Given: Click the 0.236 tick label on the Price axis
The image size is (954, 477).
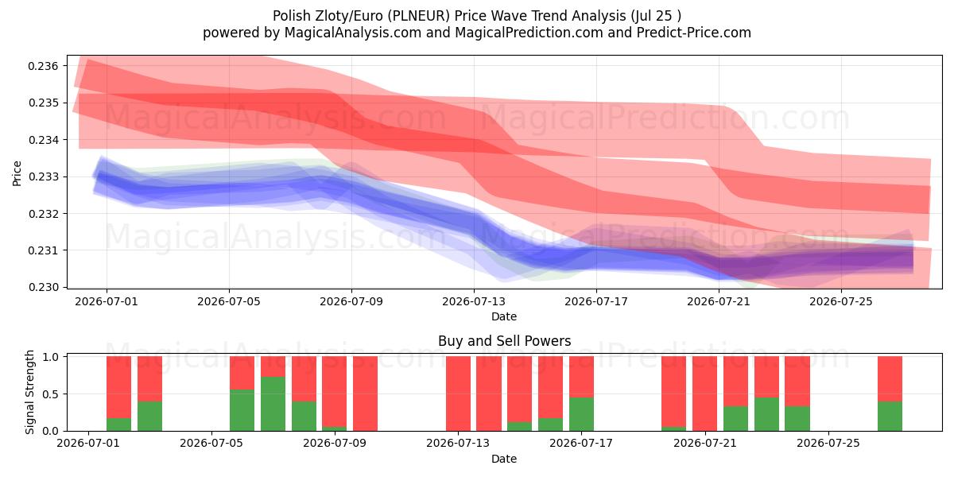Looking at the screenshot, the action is click(x=43, y=66).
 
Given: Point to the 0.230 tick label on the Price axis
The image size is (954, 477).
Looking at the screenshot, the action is click(x=43, y=288).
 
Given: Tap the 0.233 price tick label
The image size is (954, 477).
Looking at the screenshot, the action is click(x=43, y=176).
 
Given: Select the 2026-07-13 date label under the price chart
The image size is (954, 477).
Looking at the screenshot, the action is click(x=474, y=301).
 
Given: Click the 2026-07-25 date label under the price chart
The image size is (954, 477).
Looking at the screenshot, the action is click(x=841, y=301).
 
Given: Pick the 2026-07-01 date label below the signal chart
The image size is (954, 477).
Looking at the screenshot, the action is click(x=88, y=443).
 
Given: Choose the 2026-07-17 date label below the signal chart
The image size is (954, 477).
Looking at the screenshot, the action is click(x=581, y=443).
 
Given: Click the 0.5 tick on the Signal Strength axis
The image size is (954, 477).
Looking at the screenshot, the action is click(x=51, y=394).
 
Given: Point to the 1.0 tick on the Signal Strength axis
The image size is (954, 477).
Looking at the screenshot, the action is click(x=51, y=357).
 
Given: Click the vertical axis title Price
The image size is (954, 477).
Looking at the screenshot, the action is click(x=17, y=173).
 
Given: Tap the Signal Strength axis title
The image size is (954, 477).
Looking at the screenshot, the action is click(x=29, y=392).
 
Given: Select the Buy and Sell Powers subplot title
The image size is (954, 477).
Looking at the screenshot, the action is click(x=504, y=341).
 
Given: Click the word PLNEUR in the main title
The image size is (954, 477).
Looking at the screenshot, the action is click(x=419, y=16).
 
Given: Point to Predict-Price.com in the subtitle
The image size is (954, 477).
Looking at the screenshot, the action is click(x=694, y=33).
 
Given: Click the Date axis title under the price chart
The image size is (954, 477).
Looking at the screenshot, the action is click(x=504, y=316).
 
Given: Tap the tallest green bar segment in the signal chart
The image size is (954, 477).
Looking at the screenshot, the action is click(x=273, y=404).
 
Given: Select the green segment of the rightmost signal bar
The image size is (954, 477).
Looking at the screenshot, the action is click(x=890, y=416).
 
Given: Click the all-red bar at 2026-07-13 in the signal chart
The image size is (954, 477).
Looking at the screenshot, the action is click(x=458, y=394).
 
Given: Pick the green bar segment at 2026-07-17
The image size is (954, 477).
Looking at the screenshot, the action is click(x=581, y=414).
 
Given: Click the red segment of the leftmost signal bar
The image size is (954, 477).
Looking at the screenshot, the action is click(x=118, y=387).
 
